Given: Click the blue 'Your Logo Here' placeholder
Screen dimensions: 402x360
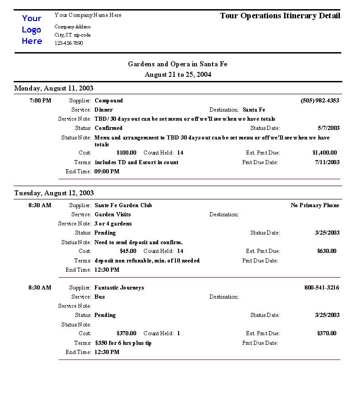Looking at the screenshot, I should click(32, 30).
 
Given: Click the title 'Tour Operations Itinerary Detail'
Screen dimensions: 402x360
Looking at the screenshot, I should click(280, 16).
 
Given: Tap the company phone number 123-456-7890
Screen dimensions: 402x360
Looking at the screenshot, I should click(69, 43).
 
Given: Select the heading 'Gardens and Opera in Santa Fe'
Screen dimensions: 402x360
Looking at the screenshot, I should click(177, 64).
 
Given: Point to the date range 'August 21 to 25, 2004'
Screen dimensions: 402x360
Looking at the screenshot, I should click(178, 74).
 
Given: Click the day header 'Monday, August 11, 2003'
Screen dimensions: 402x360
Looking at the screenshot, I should click(54, 88).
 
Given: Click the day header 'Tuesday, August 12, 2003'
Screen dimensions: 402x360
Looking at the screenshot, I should click(54, 193).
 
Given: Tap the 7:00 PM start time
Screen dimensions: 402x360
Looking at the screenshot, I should click(41, 101).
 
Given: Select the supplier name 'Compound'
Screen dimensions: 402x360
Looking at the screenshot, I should click(109, 101).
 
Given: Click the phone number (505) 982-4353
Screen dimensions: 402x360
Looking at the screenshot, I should click(320, 101).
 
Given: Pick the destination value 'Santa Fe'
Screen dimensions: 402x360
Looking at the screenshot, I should click(254, 110).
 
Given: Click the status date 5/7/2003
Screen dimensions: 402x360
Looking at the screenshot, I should click(328, 128).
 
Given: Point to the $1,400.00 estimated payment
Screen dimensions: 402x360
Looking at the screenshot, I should click(324, 153).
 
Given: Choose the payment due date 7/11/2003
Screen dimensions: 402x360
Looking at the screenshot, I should click(327, 162).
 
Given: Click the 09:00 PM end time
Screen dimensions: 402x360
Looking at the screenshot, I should click(107, 172).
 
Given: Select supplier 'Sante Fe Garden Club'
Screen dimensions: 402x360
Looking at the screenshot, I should click(123, 205).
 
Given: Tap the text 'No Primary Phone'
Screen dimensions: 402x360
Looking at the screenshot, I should click(315, 205).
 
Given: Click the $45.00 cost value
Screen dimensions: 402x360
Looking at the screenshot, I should click(128, 251).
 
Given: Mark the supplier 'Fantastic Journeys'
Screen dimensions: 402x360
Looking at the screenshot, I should click(119, 288).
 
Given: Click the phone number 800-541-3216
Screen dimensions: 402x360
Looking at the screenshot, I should click(322, 288).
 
